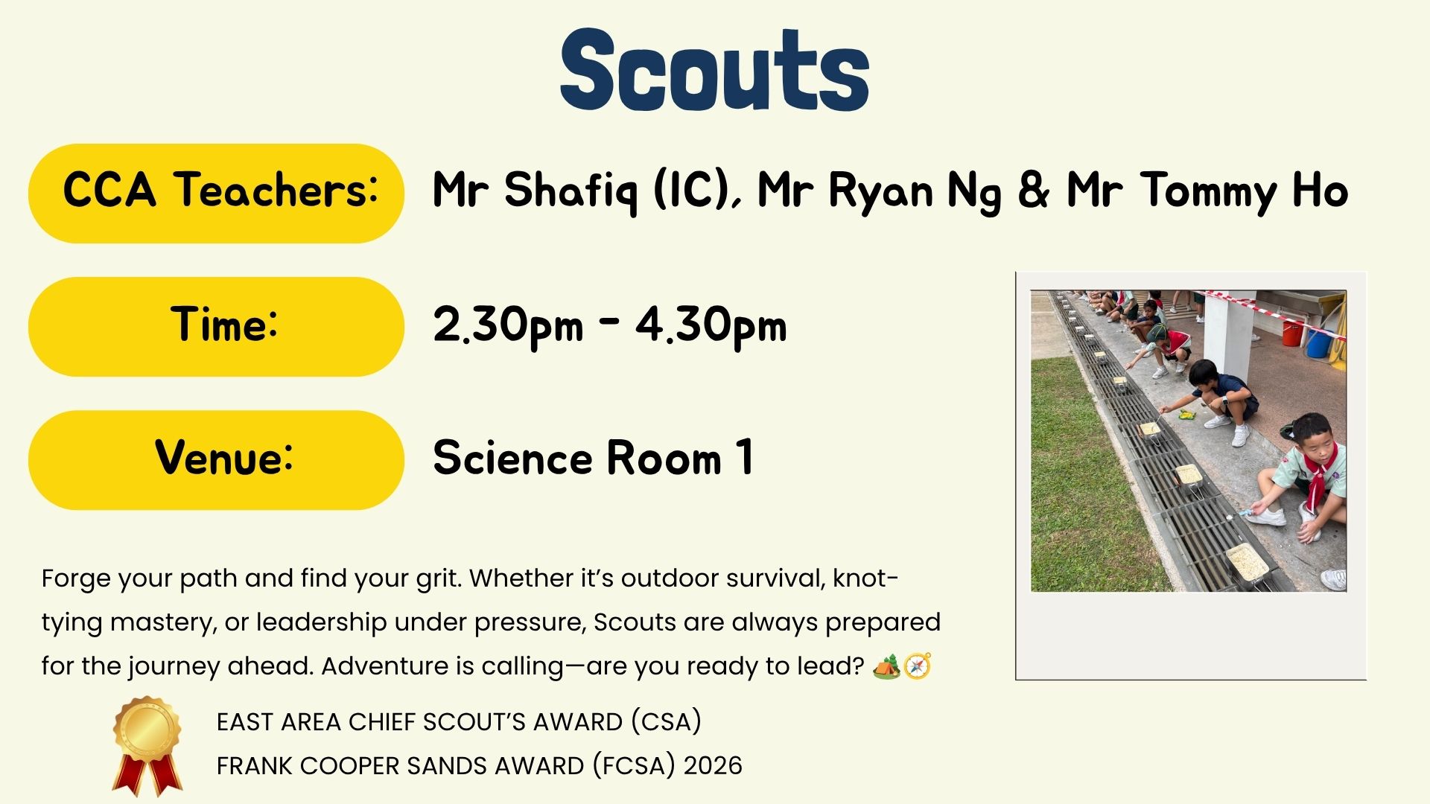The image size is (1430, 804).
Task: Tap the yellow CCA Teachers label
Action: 216,194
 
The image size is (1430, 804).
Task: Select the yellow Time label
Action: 216,327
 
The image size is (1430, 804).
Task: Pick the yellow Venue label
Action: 216,460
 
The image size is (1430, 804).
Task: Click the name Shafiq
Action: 571,191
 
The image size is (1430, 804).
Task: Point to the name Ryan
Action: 880,191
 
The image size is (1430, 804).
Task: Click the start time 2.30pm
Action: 508,327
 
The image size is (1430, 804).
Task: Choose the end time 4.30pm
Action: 711,327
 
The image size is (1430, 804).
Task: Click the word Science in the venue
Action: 513,458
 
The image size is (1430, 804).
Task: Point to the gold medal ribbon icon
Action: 147,746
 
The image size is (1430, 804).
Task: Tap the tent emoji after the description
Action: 886,666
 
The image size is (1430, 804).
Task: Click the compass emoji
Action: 918,666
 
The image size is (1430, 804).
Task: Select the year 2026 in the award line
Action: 713,766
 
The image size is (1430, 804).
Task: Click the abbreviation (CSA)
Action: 666,722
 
